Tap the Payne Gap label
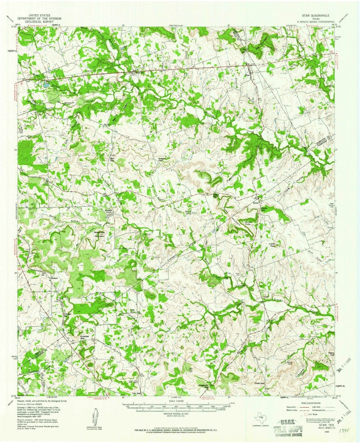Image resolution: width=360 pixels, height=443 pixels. [216, 195]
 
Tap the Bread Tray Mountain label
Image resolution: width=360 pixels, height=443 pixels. [99, 235]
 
